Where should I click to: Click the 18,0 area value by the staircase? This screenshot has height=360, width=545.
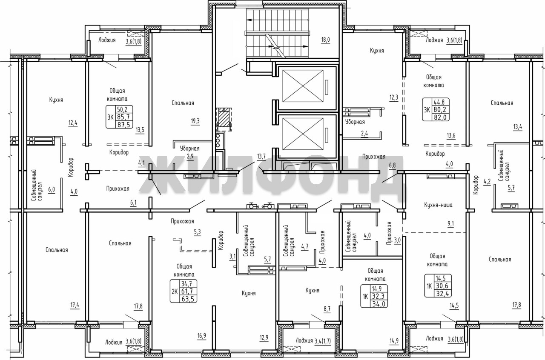pos(325,40)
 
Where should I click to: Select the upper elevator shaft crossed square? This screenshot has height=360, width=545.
pos(303,86)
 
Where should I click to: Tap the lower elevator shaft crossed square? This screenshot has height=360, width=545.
pos(303,134)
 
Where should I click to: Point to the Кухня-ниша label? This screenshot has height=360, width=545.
pos(438,205)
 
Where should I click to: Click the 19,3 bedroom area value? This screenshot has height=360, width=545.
pos(195,121)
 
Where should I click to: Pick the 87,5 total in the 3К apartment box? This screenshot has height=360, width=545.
pos(123,125)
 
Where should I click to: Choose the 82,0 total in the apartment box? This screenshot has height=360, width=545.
pos(440,117)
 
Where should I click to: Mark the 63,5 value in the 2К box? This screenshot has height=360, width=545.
pos(188,299)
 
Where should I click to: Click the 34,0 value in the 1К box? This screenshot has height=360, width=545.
pos(379,304)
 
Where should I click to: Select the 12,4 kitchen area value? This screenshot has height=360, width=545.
pos(73,123)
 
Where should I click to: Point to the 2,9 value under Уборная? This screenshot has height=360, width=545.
pos(190,157)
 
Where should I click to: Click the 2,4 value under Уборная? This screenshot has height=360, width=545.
pos(364,134)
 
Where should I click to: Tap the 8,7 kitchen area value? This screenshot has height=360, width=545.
pos(327,309)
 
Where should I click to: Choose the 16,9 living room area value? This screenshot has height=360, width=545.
pos(202,336)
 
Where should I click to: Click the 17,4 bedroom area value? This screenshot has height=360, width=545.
pos(75,305)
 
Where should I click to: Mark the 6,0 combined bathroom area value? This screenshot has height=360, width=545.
pos(52,189)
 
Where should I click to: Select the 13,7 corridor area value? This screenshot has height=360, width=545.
pos(261,157)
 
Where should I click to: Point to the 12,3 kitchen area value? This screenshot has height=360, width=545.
pos(394,97)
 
